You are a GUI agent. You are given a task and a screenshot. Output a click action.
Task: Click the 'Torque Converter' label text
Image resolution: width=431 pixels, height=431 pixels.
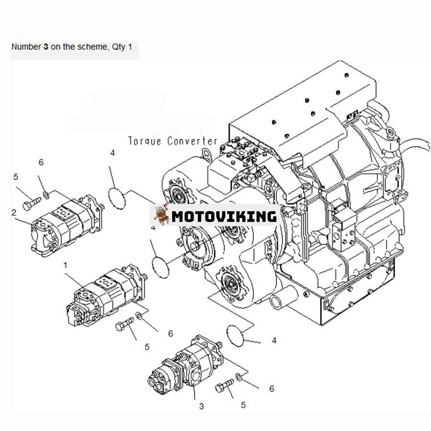tap(172, 141)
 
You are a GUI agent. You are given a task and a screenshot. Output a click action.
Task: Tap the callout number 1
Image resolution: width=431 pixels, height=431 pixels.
tap(65, 265)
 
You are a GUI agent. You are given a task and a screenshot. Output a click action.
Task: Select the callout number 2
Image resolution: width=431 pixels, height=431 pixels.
tap(14, 212)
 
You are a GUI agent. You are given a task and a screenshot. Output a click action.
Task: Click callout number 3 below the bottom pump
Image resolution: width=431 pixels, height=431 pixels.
tap(202, 406)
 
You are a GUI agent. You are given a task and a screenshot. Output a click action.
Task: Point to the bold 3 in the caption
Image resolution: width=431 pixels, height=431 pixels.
tap(46, 47)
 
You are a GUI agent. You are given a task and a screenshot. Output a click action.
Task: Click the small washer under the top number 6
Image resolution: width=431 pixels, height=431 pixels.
tap(45, 194)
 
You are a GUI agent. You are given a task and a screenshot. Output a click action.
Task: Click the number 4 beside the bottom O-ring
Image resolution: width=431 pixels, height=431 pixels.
tap(274, 340)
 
